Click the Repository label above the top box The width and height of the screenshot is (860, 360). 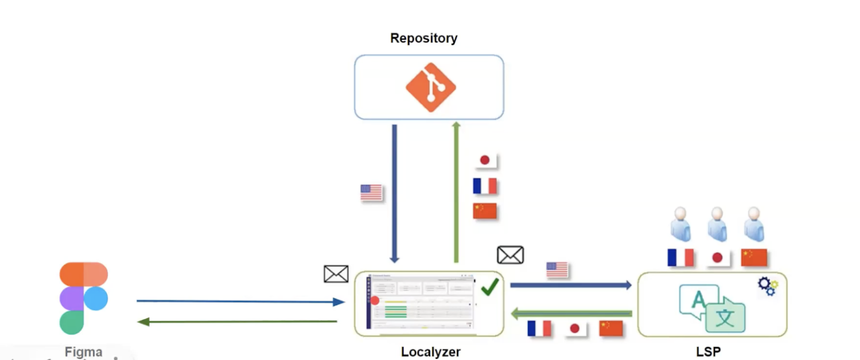click(424, 39)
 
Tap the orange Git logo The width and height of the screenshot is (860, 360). click(431, 87)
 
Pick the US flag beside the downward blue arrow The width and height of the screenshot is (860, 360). click(371, 193)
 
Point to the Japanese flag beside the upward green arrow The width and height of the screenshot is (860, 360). click(485, 161)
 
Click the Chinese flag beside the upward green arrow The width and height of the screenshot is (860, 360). click(485, 211)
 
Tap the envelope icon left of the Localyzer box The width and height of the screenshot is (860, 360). click(336, 274)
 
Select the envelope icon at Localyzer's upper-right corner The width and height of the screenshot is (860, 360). click(510, 255)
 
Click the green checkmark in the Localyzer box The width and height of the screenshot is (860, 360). click(490, 287)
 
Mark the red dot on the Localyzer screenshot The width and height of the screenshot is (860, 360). click(375, 301)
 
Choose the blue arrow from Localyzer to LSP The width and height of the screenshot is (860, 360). click(571, 286)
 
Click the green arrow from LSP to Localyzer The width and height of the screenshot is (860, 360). click(572, 314)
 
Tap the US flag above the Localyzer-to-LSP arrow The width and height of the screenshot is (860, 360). click(557, 270)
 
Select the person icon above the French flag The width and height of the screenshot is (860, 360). click(680, 224)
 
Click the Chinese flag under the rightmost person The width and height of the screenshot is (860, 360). click(754, 258)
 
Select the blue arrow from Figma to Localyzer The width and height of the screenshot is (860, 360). click(240, 302)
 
